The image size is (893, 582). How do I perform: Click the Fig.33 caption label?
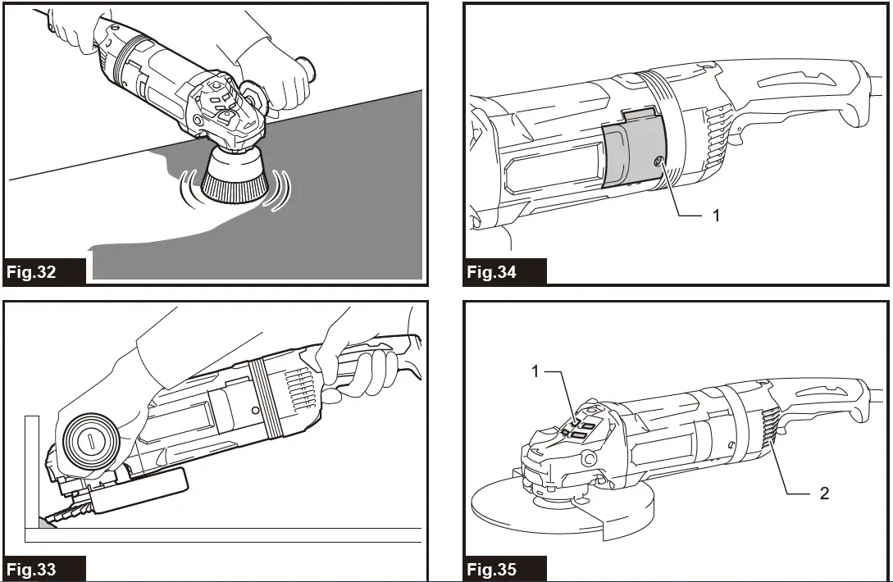[x=34, y=568]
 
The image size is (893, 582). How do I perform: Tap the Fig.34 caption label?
[x=493, y=272]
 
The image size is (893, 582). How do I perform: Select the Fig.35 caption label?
[x=493, y=568]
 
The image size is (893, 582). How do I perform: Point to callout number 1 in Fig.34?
[x=716, y=216]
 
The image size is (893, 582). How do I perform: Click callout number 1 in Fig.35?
[x=535, y=371]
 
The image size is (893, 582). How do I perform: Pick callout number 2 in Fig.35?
[x=824, y=493]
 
